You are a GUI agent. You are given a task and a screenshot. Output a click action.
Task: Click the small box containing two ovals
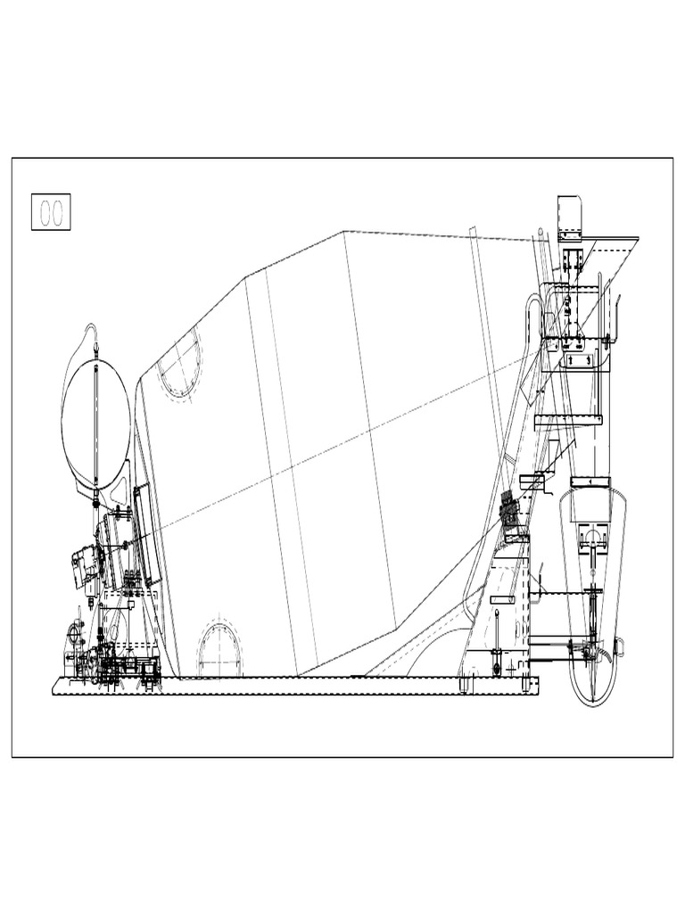(51, 211)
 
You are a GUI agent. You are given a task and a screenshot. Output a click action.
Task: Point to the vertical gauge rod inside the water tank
(96, 419)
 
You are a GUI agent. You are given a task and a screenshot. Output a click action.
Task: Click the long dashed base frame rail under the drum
(294, 686)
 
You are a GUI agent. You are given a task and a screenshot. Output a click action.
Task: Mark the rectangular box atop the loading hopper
(569, 217)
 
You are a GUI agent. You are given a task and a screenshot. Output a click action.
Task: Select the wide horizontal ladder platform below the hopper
(568, 420)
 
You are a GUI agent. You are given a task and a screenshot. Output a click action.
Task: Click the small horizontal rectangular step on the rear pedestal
(501, 600)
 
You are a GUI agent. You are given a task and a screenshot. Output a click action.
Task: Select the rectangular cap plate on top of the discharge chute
(590, 482)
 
